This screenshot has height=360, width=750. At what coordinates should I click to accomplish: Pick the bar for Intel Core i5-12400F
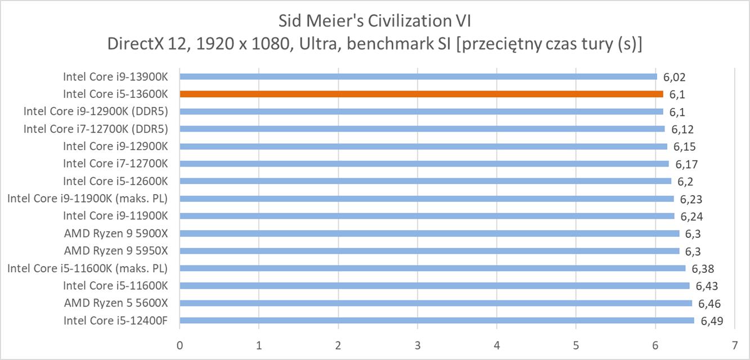[x=437, y=321]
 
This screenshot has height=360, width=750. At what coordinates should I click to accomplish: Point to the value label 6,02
[x=674, y=77]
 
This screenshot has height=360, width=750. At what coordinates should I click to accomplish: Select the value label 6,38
[x=702, y=269]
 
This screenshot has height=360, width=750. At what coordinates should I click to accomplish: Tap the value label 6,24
[x=691, y=217]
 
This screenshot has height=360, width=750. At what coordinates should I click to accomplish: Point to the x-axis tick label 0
[x=179, y=344]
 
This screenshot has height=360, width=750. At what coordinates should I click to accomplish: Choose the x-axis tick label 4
[x=497, y=344]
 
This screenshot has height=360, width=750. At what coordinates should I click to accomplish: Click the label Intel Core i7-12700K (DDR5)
[x=96, y=129]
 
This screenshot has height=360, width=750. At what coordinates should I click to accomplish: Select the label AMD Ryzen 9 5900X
[x=115, y=233]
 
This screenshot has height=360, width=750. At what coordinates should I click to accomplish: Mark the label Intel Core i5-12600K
[x=115, y=181]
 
